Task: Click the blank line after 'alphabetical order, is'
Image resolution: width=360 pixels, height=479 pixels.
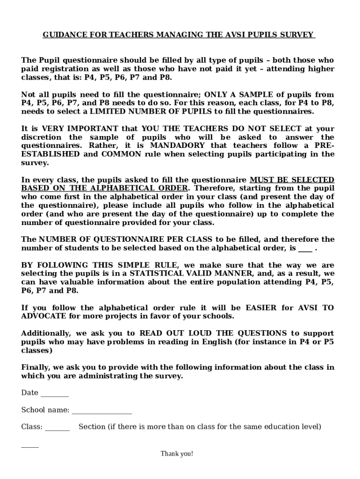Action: pyautogui.click(x=305, y=248)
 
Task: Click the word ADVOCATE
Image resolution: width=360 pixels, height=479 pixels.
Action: pyautogui.click(x=43, y=316)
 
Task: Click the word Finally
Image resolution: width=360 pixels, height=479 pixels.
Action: pyautogui.click(x=36, y=367)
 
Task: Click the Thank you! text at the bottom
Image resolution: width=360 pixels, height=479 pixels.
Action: pyautogui.click(x=177, y=454)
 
